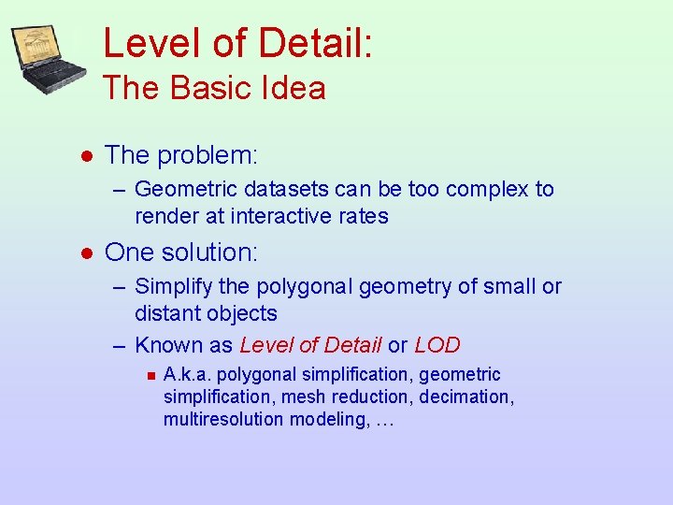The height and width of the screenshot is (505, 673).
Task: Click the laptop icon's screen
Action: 38,49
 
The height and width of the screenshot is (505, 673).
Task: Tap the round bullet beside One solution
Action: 86,253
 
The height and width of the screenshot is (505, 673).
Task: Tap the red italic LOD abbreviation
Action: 437,345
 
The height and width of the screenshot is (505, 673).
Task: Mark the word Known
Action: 170,345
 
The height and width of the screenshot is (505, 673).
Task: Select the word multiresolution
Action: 222,419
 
